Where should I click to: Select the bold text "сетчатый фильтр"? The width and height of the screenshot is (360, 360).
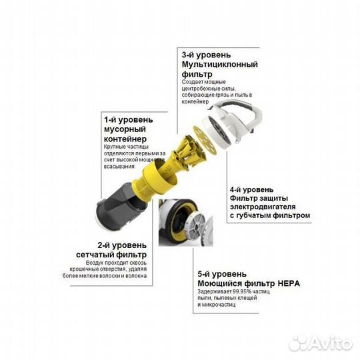[x=114, y=255]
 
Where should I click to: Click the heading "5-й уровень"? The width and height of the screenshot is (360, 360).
[x=222, y=274]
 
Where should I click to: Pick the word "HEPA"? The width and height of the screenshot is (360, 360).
[x=288, y=283]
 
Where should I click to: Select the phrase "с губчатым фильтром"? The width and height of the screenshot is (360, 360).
[x=270, y=216]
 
